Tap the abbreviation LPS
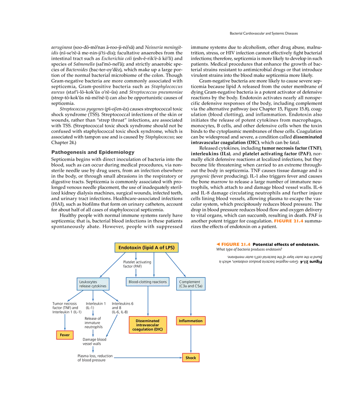pos(170,248)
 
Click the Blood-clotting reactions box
pos(148,282)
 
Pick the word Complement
pos(189,281)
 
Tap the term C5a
pos(198,286)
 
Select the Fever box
pos(65,335)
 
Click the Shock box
pos(191,358)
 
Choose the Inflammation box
pos(191,321)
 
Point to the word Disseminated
pos(148,321)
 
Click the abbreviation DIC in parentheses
pos(157,330)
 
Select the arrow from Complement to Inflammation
pos(191,303)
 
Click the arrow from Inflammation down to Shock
pos(191,339)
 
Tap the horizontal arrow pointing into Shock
pos(147,358)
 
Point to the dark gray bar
pos(93,151)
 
